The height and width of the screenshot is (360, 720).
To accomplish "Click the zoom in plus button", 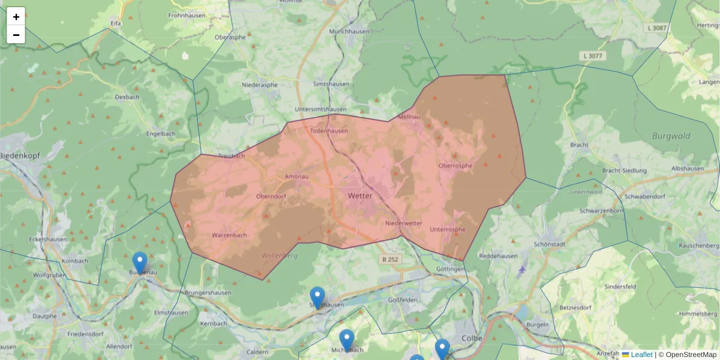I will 16,16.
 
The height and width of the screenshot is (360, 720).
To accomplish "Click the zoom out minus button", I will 16,35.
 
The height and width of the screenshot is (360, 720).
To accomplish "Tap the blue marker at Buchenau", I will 140,263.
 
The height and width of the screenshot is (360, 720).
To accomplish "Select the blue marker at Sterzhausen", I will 317,298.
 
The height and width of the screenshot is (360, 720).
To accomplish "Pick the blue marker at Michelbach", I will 347,340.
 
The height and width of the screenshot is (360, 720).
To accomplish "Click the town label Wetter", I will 360,196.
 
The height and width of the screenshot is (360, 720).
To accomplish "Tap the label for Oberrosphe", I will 455,166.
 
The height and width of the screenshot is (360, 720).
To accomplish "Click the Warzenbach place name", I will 229,235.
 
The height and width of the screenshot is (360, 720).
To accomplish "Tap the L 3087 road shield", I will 658,28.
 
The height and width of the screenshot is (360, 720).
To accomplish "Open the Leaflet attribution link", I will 641,355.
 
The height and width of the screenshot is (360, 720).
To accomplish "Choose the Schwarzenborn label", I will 602,211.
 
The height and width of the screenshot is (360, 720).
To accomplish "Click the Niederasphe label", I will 260,85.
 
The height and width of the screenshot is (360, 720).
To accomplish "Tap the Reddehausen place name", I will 499,256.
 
